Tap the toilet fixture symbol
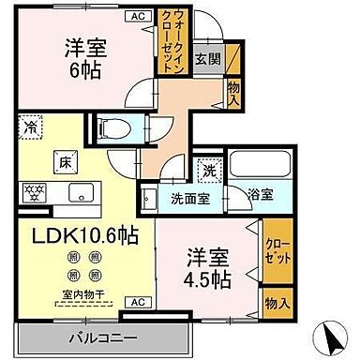[113, 129]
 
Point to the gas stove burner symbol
[32, 194]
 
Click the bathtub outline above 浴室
[259, 170]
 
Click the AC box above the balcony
[137, 301]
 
